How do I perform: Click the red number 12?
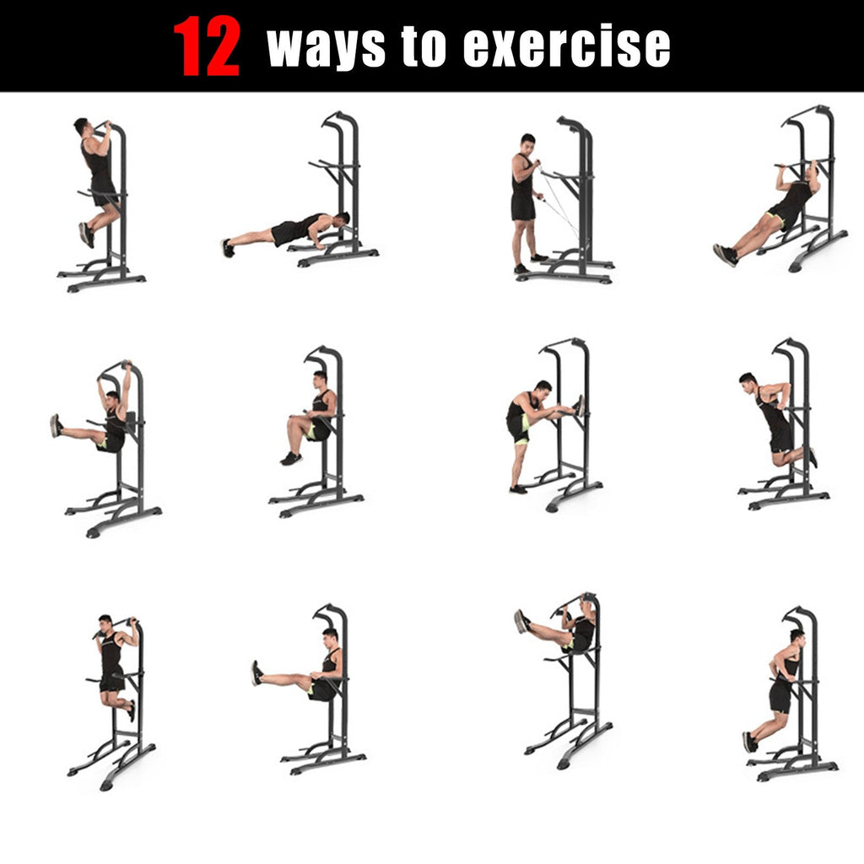pyautogui.click(x=207, y=47)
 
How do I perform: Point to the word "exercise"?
pyautogui.click(x=567, y=47)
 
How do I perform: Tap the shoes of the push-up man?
pyautogui.click(x=227, y=247)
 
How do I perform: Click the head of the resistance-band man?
pyautogui.click(x=527, y=142)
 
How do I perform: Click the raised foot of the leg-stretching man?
pyautogui.click(x=579, y=406)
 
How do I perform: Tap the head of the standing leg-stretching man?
pyautogui.click(x=542, y=390)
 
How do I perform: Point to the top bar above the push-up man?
pyautogui.click(x=337, y=119)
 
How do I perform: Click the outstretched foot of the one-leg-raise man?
pyautogui.click(x=56, y=425)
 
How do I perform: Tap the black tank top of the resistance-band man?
pyautogui.click(x=522, y=181)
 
